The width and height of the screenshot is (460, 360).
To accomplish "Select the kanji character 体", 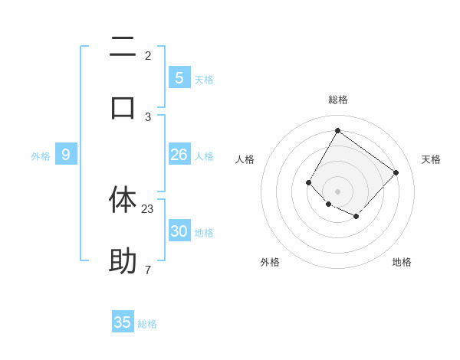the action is point(123,199).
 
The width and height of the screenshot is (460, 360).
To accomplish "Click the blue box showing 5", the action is point(179,77).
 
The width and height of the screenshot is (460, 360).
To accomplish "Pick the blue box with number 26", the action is point(179,155).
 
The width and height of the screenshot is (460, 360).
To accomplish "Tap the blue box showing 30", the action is point(179,231).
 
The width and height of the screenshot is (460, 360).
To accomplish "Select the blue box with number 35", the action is point(123,322).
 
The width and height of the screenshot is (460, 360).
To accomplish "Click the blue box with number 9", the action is point(66,155).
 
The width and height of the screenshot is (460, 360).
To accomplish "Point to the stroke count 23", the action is point(148,208).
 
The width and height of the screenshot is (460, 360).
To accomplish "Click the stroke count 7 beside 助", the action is point(147,270).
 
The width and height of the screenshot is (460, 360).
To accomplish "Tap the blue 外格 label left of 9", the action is point(41,156).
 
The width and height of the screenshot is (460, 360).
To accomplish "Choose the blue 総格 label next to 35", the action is point(147,324).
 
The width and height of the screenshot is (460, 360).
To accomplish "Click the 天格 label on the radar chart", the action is point(432,159).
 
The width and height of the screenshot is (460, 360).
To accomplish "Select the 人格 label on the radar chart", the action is point(245,159).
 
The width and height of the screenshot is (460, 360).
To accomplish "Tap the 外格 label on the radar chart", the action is point(270,262).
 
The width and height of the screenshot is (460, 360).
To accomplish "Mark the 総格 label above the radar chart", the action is point(338,100).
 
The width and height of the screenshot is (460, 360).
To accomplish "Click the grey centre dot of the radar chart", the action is point(338,191).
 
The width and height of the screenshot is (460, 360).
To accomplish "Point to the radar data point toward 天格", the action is point(396,172).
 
